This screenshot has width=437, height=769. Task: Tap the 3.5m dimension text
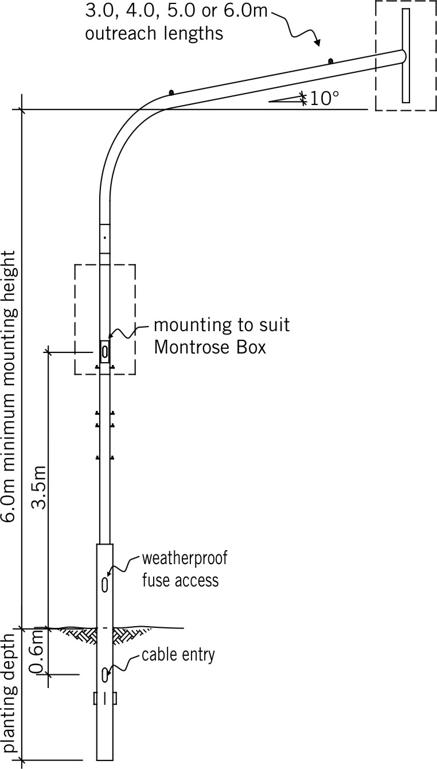pos(38,487)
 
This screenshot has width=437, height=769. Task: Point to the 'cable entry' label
pos(178,655)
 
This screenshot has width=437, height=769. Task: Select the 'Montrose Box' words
pos(210,347)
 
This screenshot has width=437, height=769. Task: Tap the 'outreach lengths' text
pos(154,34)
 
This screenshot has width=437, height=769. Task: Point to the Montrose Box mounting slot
pos(104,352)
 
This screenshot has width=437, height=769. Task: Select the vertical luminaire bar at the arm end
pos(406,55)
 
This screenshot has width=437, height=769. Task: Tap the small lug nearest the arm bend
pos(171,92)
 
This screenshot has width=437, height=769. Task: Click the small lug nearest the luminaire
pos(331,61)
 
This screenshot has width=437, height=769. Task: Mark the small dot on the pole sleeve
pos(106,238)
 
